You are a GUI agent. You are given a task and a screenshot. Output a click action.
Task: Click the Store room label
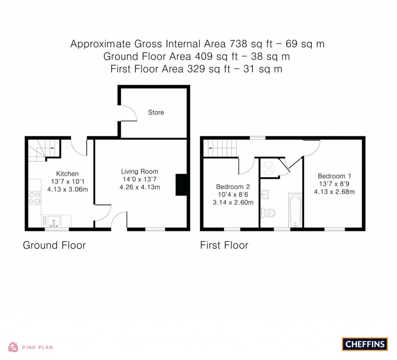click(x=156, y=112)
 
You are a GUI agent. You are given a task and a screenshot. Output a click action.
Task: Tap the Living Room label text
click(x=140, y=171)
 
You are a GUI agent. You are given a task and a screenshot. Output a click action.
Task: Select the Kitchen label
click(x=67, y=174)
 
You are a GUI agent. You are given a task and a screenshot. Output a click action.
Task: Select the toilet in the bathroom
click(x=268, y=213)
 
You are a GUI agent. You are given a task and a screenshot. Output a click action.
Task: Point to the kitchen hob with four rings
click(x=35, y=198)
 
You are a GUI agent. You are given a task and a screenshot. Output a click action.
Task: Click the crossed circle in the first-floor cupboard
click(x=268, y=168)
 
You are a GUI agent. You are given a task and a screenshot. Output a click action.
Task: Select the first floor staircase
click(x=220, y=148)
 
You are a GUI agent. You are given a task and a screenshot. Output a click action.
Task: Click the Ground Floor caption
click(x=54, y=245)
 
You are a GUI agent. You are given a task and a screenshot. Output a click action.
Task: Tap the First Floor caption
click(x=224, y=245)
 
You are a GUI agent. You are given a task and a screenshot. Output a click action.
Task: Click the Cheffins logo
click(x=365, y=344)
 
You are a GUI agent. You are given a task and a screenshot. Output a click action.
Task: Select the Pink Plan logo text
click(x=37, y=348)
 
